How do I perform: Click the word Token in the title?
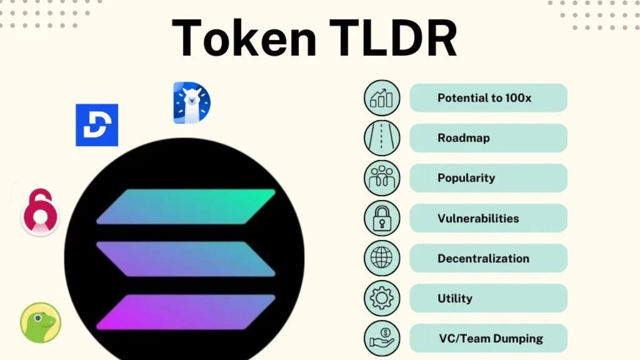244,38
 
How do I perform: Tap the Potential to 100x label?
484,98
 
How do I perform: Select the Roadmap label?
463,138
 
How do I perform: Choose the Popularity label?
466,178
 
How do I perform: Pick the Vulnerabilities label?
478,218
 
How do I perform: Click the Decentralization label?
483,258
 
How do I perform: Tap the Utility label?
455,298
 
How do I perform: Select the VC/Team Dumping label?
490,338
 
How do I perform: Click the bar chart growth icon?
382,98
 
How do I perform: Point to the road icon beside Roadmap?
382,138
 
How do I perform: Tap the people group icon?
382,178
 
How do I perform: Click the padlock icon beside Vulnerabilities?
382,218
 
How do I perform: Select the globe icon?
382,258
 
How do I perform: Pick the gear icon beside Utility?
382,298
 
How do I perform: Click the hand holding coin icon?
382,338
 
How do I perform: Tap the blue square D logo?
97,125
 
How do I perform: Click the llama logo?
191,103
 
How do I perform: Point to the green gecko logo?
40,322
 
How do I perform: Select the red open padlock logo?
40,212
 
